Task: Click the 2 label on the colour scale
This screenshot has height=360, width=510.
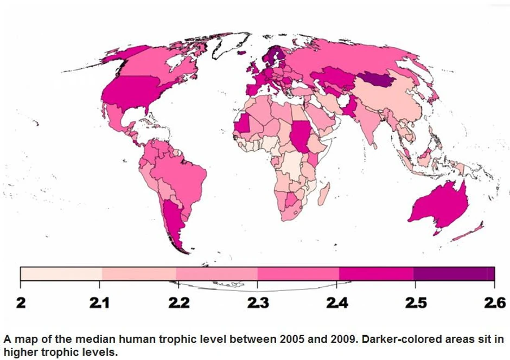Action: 20,302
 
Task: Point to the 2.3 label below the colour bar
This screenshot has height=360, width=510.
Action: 258,302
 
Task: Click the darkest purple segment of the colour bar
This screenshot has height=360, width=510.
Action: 454,273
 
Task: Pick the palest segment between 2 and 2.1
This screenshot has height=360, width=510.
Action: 61,273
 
